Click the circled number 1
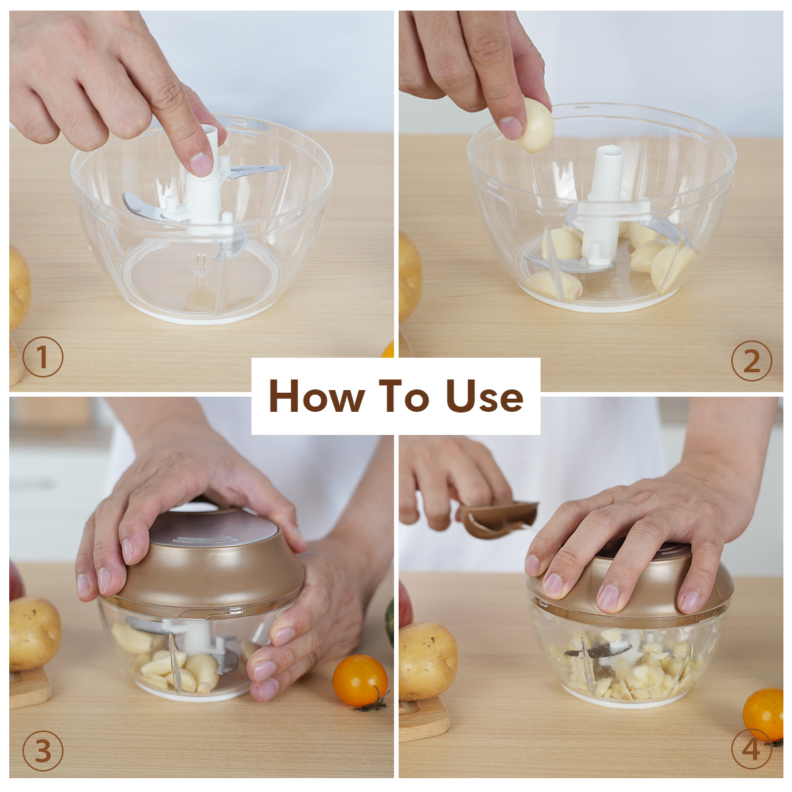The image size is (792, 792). click(x=43, y=357)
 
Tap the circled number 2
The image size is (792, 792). click(x=752, y=360)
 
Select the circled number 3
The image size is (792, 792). click(x=43, y=751)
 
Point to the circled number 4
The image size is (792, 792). click(x=752, y=749)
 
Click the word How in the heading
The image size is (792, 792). click(x=317, y=396)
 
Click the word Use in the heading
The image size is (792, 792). click(x=484, y=396)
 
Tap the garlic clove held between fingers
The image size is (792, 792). click(x=536, y=125)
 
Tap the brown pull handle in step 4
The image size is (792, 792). click(x=498, y=519)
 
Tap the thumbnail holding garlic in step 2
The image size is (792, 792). click(x=511, y=128)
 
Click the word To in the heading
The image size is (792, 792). click(x=405, y=396)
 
